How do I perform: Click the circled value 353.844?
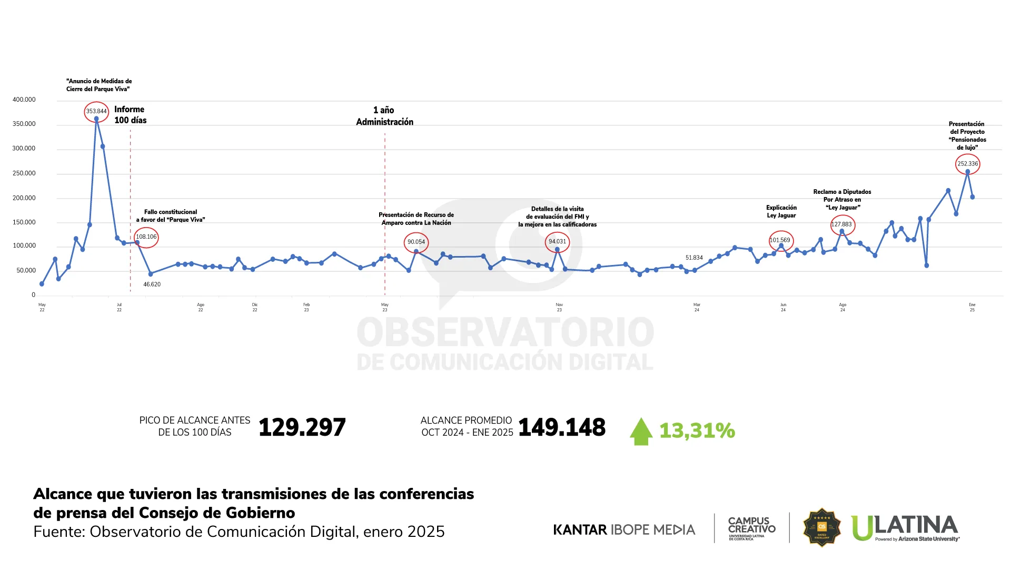tap(96, 111)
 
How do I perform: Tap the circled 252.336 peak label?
tap(967, 164)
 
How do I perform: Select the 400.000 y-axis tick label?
tap(24, 100)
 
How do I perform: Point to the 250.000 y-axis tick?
tap(24, 173)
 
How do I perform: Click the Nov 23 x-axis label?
tap(559, 307)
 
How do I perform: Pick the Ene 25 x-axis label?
tap(972, 307)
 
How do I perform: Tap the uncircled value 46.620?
tap(152, 284)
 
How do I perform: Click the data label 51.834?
tap(694, 258)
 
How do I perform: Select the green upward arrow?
tap(641, 431)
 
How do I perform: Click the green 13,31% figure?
tap(697, 430)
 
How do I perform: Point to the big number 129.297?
tap(302, 427)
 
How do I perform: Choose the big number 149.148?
tap(562, 427)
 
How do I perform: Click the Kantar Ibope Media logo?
tap(624, 529)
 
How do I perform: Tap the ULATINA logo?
tap(905, 528)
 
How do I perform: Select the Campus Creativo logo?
tap(751, 528)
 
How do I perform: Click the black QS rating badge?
tap(821, 527)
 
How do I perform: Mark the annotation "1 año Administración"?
tap(385, 116)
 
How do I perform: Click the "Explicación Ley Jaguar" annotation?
tap(781, 211)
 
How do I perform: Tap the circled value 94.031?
tap(557, 242)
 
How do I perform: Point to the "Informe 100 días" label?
tap(130, 115)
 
